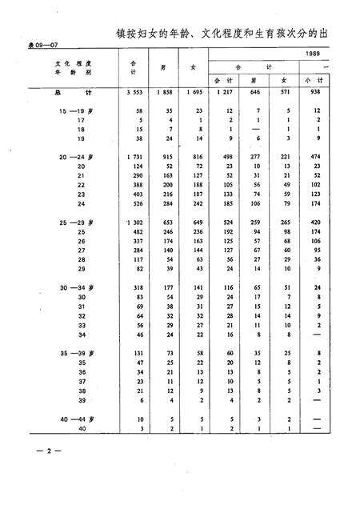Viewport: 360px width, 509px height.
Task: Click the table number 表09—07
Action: pyautogui.click(x=30, y=46)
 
